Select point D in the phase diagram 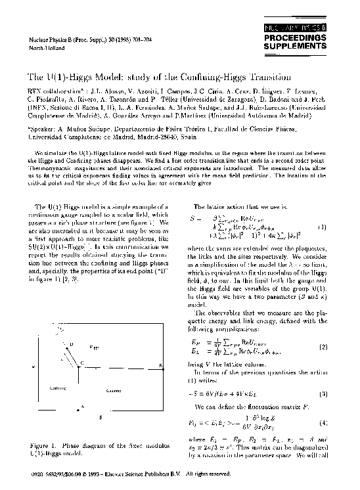tap(72, 345)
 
